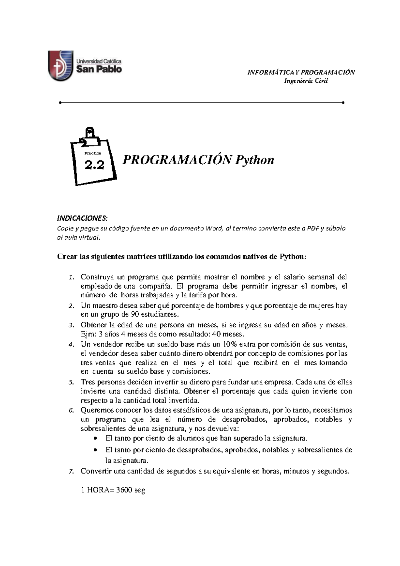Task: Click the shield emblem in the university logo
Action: [60, 65]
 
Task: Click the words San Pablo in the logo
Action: [99, 69]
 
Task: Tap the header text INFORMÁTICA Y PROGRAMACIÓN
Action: [301, 72]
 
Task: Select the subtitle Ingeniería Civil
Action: [306, 81]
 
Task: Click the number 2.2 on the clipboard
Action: [94, 165]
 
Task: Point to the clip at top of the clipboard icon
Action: [90, 135]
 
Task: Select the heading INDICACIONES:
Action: [83, 218]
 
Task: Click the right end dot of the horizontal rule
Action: [343, 102]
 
